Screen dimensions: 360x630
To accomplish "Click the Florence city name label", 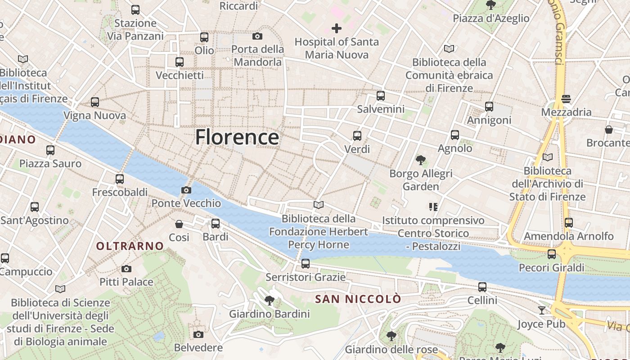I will [237, 137].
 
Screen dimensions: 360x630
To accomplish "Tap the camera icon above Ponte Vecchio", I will [186, 190].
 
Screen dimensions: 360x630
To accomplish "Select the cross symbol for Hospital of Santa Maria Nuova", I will [337, 28].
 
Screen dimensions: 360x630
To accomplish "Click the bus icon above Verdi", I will [357, 135].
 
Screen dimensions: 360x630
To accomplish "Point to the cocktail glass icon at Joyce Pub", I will [541, 310].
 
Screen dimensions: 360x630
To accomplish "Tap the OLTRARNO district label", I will [130, 246].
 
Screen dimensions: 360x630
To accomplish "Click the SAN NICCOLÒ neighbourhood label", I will [358, 299].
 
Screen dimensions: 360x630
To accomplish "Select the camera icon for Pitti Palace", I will [126, 269].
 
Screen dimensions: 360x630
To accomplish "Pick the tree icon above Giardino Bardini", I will [270, 300].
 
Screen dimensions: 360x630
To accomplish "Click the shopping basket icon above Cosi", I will [179, 224].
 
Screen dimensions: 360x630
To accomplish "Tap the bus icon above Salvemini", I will [381, 95].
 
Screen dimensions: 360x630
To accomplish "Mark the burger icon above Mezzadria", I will [566, 99].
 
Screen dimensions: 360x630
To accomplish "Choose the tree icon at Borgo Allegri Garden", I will [421, 160].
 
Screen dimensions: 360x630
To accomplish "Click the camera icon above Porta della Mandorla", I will [257, 36].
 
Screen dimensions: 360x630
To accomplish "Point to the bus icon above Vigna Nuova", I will [94, 102].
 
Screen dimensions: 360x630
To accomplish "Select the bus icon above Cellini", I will [482, 287].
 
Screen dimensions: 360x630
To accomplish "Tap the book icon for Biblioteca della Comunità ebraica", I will [449, 49].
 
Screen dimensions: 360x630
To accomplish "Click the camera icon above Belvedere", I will [198, 334].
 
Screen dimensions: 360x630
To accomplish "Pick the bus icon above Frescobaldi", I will [120, 179].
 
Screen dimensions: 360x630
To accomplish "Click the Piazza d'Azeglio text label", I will [491, 18].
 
